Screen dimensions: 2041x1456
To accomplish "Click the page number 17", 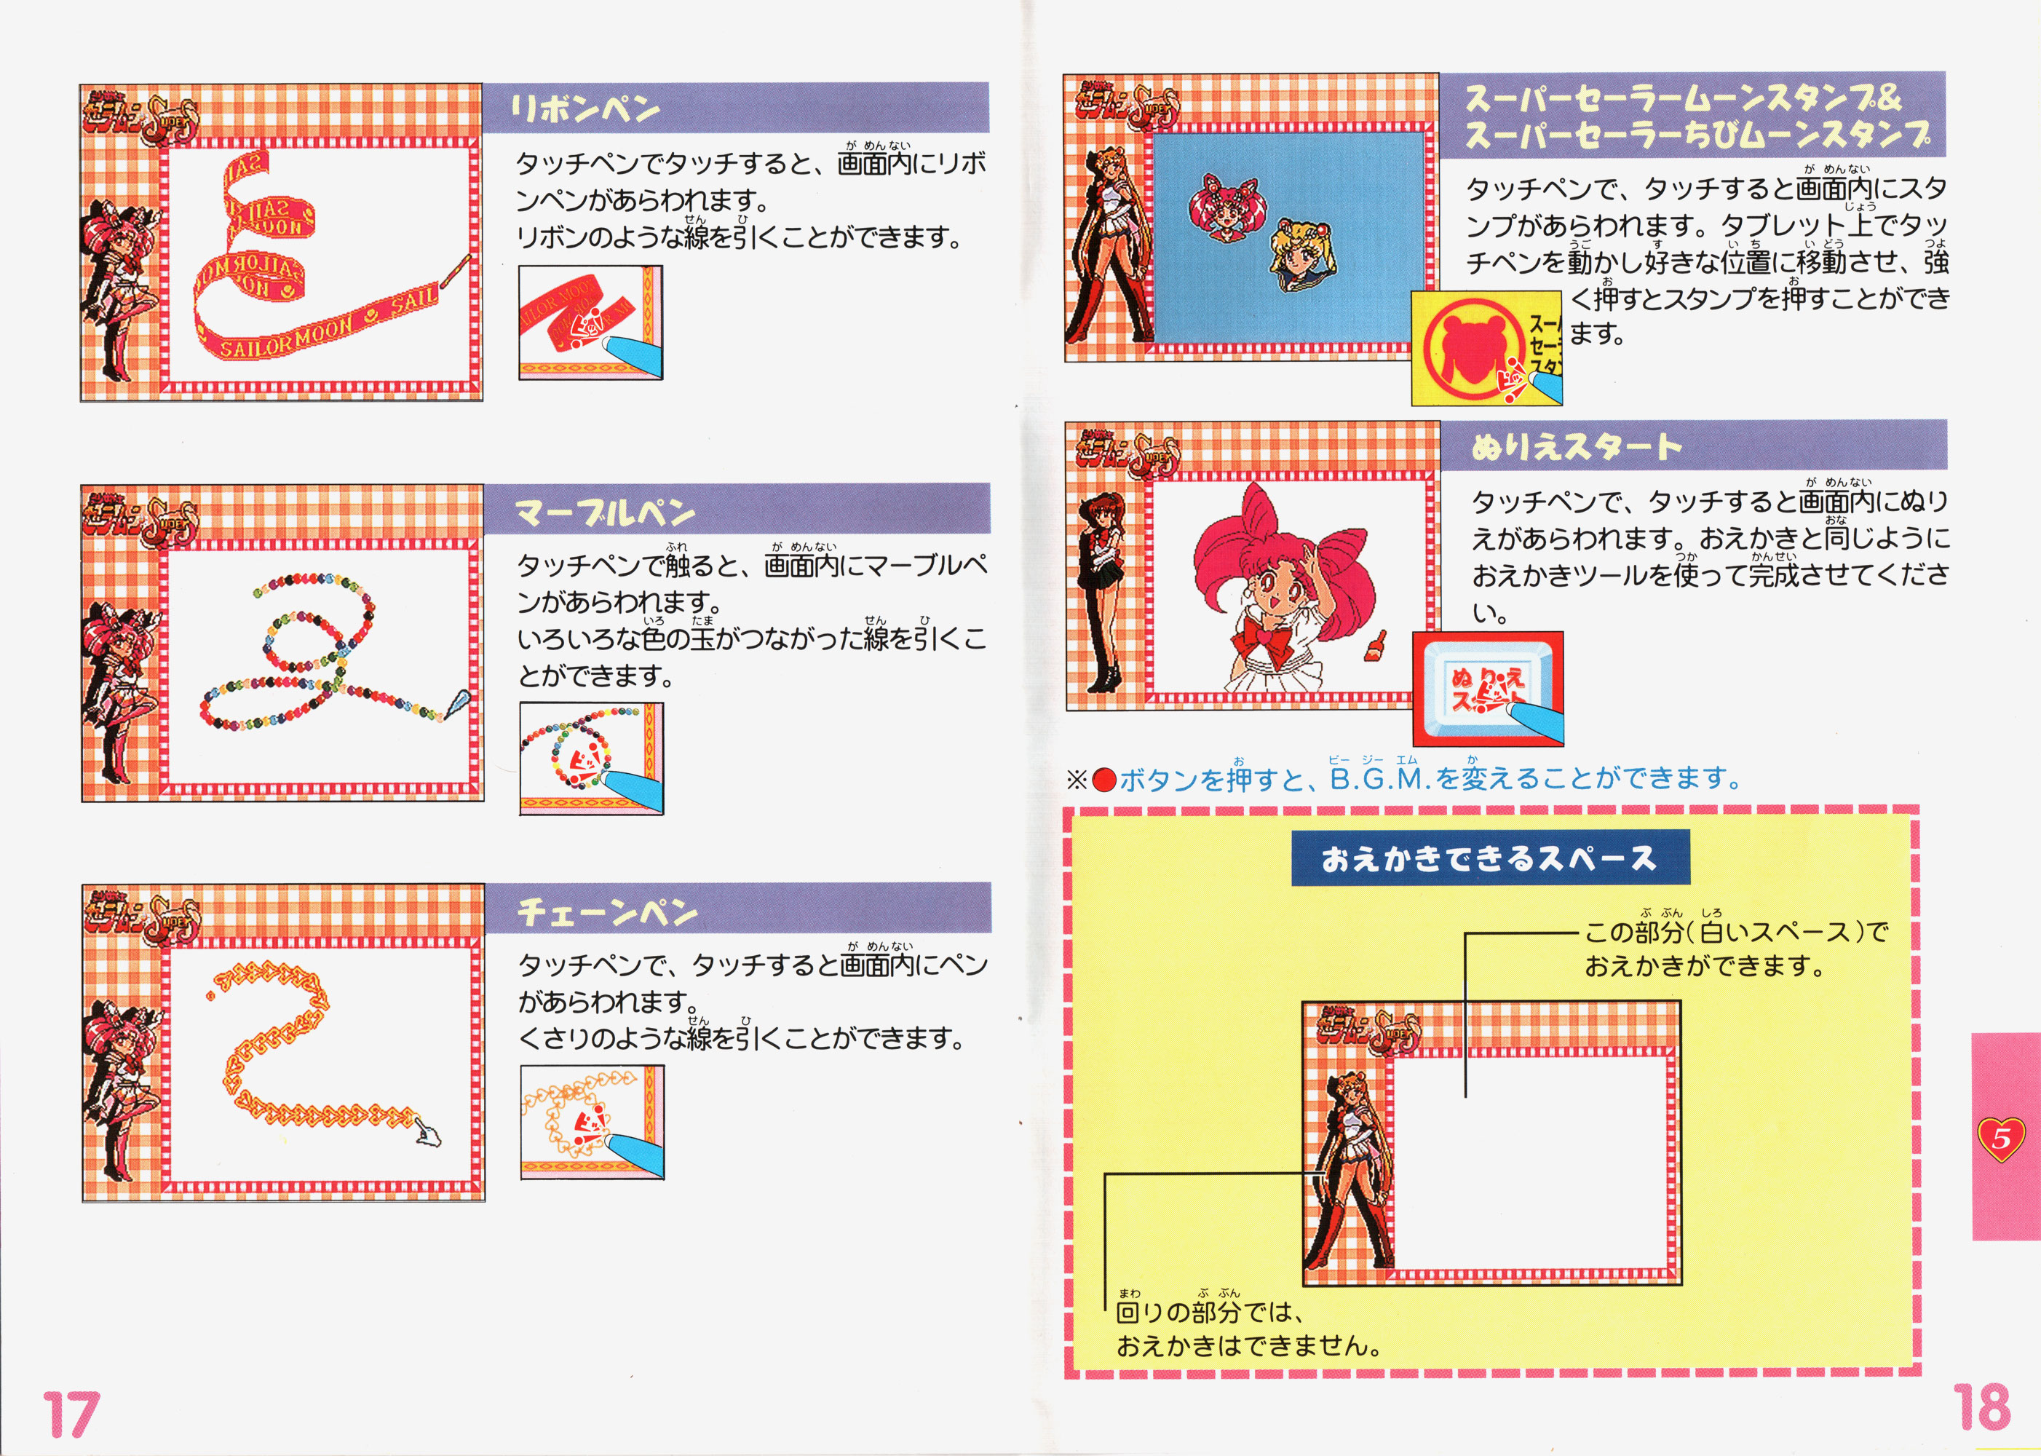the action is coord(70,1414).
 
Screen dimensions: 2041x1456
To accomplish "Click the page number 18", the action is coord(1982,1406).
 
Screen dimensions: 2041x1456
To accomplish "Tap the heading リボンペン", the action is coord(584,109).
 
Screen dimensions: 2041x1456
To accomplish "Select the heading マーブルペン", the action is coord(605,512).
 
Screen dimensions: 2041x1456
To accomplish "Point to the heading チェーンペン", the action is coord(608,911).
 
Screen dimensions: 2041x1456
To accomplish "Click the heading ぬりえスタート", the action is coord(1577,446).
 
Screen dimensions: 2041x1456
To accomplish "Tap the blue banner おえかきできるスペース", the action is coord(1490,858).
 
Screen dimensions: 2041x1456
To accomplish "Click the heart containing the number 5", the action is coord(2001,1139).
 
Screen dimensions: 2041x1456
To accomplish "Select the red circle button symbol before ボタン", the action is coord(1104,780).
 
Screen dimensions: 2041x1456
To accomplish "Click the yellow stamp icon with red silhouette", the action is coord(1487,348).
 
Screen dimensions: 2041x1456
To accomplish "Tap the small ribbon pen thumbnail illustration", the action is coord(591,323).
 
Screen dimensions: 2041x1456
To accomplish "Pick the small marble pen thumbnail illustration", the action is coord(592,759).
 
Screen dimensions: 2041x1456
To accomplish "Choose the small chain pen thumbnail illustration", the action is coord(593,1123).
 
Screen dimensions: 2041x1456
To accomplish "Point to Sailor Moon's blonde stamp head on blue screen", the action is coord(1301,255).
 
